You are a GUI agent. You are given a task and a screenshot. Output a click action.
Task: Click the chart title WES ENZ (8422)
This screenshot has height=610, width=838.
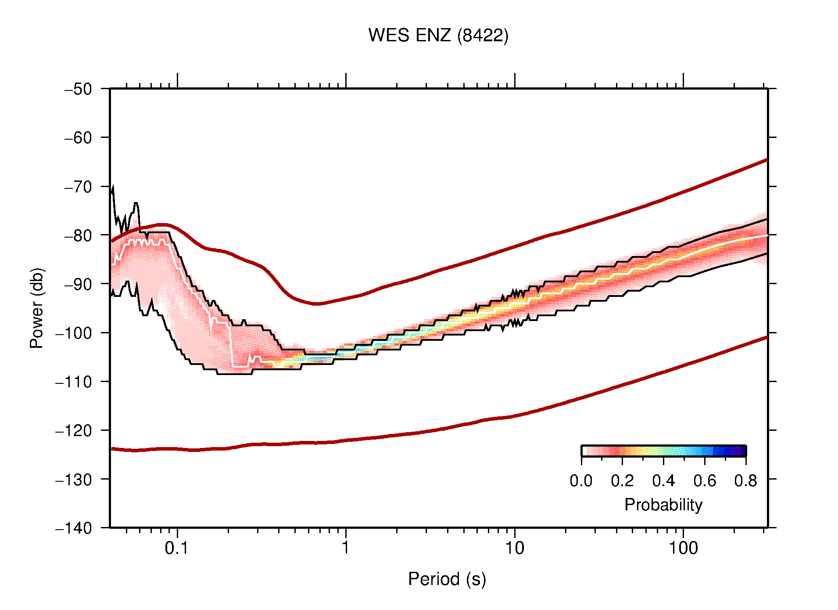438,36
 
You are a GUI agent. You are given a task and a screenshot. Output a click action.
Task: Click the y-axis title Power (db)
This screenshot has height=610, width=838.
37,308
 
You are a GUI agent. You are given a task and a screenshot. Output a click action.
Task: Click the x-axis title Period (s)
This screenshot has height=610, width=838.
447,579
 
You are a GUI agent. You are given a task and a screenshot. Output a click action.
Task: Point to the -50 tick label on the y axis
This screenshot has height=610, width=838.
78,89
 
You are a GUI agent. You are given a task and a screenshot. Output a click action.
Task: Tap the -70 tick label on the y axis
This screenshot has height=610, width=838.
78,187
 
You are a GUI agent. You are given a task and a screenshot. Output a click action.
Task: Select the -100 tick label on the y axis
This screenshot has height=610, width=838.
74,333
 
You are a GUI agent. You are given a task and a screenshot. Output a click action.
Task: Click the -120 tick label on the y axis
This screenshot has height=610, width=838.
74,430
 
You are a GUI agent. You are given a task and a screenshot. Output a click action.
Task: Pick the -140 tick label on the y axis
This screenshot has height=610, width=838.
74,528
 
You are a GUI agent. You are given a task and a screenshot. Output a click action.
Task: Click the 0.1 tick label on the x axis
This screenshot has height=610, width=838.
177,548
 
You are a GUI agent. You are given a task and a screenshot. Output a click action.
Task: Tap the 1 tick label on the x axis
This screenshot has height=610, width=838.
346,548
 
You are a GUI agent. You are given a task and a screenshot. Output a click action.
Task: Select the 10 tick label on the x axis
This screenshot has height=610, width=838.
514,548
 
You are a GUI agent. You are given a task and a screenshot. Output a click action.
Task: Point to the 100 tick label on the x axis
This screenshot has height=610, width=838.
683,548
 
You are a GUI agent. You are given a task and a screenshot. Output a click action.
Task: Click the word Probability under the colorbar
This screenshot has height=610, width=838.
663,505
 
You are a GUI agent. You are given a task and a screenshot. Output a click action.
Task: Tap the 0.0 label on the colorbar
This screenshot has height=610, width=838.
581,481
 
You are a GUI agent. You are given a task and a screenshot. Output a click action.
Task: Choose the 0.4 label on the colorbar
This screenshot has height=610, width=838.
663,481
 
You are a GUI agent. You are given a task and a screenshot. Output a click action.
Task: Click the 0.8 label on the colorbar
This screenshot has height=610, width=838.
745,481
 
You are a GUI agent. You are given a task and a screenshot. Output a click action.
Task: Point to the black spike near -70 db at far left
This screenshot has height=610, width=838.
113,190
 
